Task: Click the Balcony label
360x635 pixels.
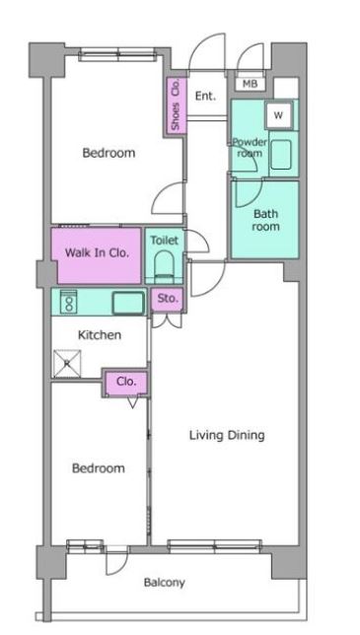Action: pos(165,583)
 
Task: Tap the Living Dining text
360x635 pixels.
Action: pos(227,436)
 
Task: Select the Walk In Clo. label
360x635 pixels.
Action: pos(98,253)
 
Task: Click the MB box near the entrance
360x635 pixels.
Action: pos(251,84)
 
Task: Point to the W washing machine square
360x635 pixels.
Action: pos(278,115)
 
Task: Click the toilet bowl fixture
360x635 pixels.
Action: pos(164,265)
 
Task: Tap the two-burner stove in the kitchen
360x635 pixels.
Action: pos(68,302)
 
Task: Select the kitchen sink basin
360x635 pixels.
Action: pos(128,303)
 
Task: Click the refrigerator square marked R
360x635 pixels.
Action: pos(67,364)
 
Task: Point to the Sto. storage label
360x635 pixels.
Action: pos(168,299)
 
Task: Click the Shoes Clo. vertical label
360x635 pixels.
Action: pos(176,106)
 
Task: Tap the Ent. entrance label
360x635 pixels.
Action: pos(205,97)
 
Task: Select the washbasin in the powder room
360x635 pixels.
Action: pos(281,154)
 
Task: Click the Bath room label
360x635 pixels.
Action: pos(265,220)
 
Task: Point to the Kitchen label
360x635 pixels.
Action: pos(100,335)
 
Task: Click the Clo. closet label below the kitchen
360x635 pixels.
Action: pos(126,382)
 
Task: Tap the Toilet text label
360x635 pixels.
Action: pos(165,241)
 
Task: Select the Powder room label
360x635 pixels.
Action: pos(250,148)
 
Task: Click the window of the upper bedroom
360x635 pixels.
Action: pos(117,54)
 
